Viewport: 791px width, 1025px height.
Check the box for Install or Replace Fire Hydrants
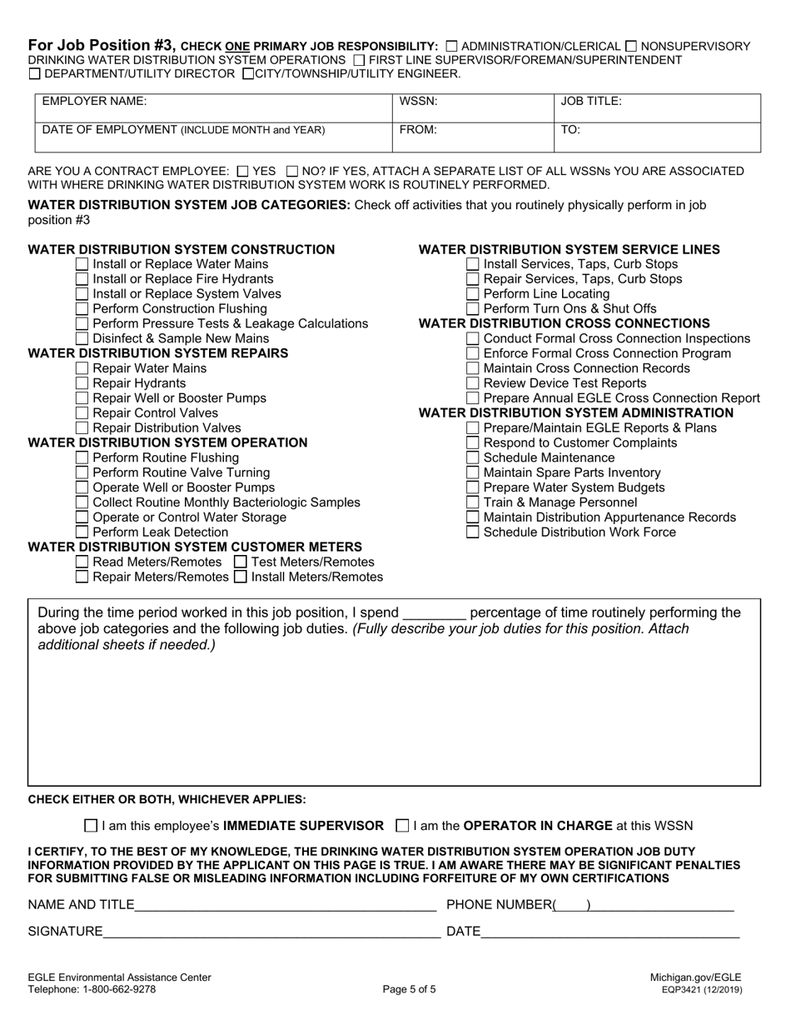tap(82, 278)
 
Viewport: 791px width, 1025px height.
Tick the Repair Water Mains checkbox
tap(82, 368)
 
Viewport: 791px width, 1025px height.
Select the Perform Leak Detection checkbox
tap(82, 532)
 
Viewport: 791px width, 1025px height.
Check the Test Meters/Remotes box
tap(241, 562)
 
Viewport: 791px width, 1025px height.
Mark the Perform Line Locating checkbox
tap(472, 293)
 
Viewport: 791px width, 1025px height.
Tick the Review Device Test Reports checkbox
tap(472, 383)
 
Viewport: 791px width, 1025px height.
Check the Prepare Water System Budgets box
tap(472, 487)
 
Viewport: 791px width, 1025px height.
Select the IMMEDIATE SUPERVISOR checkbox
tap(91, 826)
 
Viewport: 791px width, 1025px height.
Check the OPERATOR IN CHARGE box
tap(403, 826)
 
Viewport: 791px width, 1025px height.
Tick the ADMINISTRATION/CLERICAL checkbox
tap(451, 47)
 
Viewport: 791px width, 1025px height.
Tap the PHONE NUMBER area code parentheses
tap(572, 905)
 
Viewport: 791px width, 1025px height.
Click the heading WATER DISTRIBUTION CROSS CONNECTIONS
tap(564, 323)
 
